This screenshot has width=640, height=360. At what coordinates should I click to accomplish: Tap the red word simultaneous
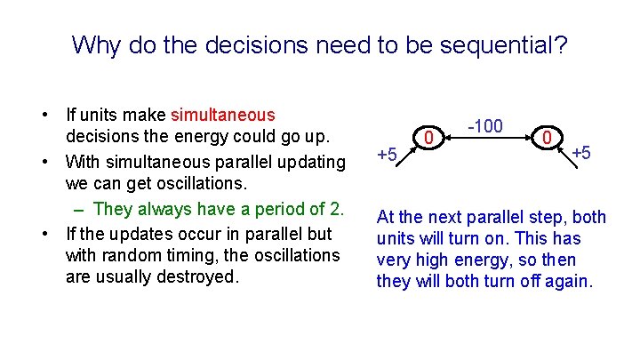tap(223, 115)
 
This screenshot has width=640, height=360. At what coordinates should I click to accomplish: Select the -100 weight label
tap(485, 126)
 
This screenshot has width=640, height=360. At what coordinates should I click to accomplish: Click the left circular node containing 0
tap(428, 138)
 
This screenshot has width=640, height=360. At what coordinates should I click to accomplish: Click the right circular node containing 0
tap(547, 138)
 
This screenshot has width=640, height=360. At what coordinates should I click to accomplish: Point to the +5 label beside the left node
tap(387, 155)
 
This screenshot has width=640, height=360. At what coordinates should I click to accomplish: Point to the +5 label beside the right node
tap(581, 153)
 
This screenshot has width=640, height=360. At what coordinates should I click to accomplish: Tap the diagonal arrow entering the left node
tap(406, 156)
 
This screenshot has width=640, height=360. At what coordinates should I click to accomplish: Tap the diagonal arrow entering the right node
tap(567, 157)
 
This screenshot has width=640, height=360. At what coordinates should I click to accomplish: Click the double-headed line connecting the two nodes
tap(488, 138)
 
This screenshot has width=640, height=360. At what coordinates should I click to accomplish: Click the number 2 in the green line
tap(335, 209)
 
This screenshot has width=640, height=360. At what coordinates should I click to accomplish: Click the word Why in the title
tap(96, 45)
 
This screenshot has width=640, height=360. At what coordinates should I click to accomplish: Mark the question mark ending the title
tap(562, 45)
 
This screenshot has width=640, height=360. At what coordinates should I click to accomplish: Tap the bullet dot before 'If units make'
tap(45, 115)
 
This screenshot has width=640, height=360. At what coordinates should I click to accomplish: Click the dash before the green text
tap(78, 211)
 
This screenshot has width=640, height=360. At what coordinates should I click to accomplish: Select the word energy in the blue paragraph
tap(483, 260)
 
